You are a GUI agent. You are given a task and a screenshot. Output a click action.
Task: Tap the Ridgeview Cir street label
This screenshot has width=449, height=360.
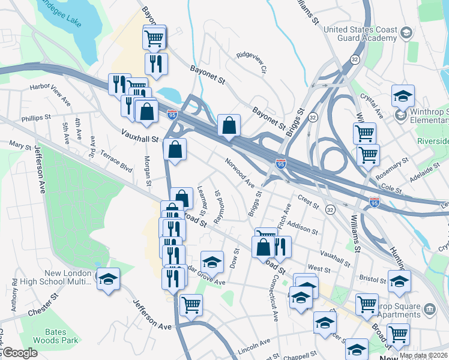pos(251,61)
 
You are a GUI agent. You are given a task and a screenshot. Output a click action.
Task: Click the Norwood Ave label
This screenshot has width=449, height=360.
pos(240,173)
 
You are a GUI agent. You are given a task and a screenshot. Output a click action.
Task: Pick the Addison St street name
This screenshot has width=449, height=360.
pos(302,226)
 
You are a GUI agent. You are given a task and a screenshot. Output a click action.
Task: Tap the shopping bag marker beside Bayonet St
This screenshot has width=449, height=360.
pos(229,126)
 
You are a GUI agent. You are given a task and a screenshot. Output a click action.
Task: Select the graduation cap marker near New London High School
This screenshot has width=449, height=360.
pos(109,279)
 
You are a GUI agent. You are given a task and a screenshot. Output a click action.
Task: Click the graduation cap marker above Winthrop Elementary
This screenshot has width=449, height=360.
pos(403,95)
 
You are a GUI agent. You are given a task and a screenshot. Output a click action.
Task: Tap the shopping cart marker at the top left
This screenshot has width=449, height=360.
pos(154,38)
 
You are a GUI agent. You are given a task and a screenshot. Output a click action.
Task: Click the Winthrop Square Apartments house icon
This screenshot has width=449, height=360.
pos(429,310)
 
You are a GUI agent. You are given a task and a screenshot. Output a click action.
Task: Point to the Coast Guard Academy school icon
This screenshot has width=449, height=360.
pos(406,33)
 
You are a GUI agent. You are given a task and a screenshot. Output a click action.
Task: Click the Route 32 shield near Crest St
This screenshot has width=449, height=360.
pos(330,209)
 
